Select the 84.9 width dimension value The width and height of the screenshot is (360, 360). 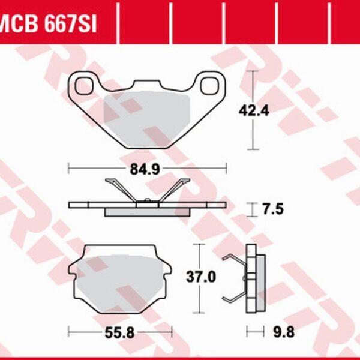click(147, 169)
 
